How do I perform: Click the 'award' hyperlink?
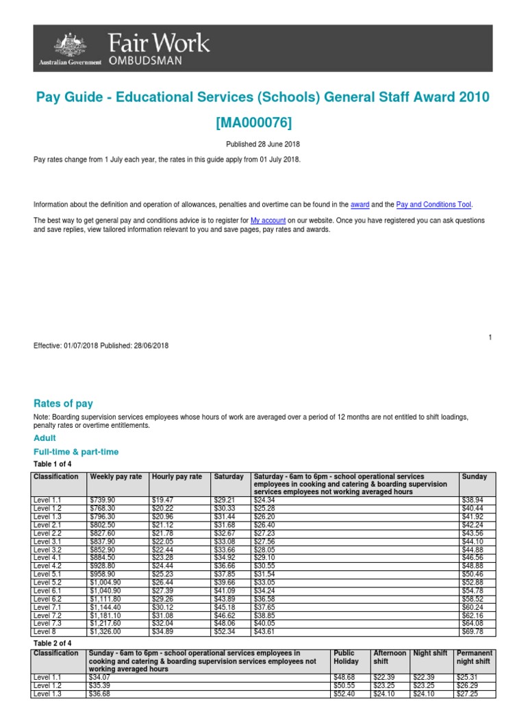[x=360, y=204]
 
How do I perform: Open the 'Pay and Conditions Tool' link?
[x=434, y=204]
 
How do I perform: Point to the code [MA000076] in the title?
[x=262, y=123]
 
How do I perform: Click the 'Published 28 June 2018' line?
[x=262, y=144]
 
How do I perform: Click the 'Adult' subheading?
[x=45, y=438]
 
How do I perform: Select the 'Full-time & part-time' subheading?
[x=76, y=452]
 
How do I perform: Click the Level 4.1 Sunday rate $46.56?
[x=474, y=558]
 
